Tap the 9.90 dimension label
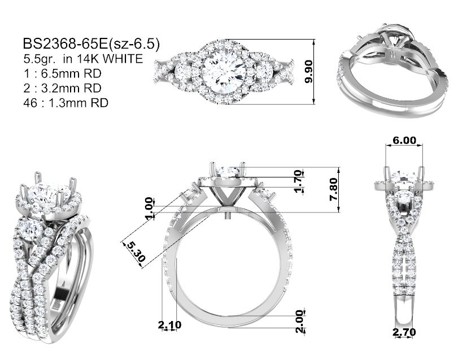pos(308,72)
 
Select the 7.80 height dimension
pos(333,189)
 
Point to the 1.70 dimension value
pos(298,181)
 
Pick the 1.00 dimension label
pos(149,209)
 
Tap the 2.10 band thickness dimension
pos(169,324)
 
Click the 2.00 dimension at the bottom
pos(300,322)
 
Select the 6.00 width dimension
pos(404,140)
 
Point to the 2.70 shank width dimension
pos(404,332)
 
